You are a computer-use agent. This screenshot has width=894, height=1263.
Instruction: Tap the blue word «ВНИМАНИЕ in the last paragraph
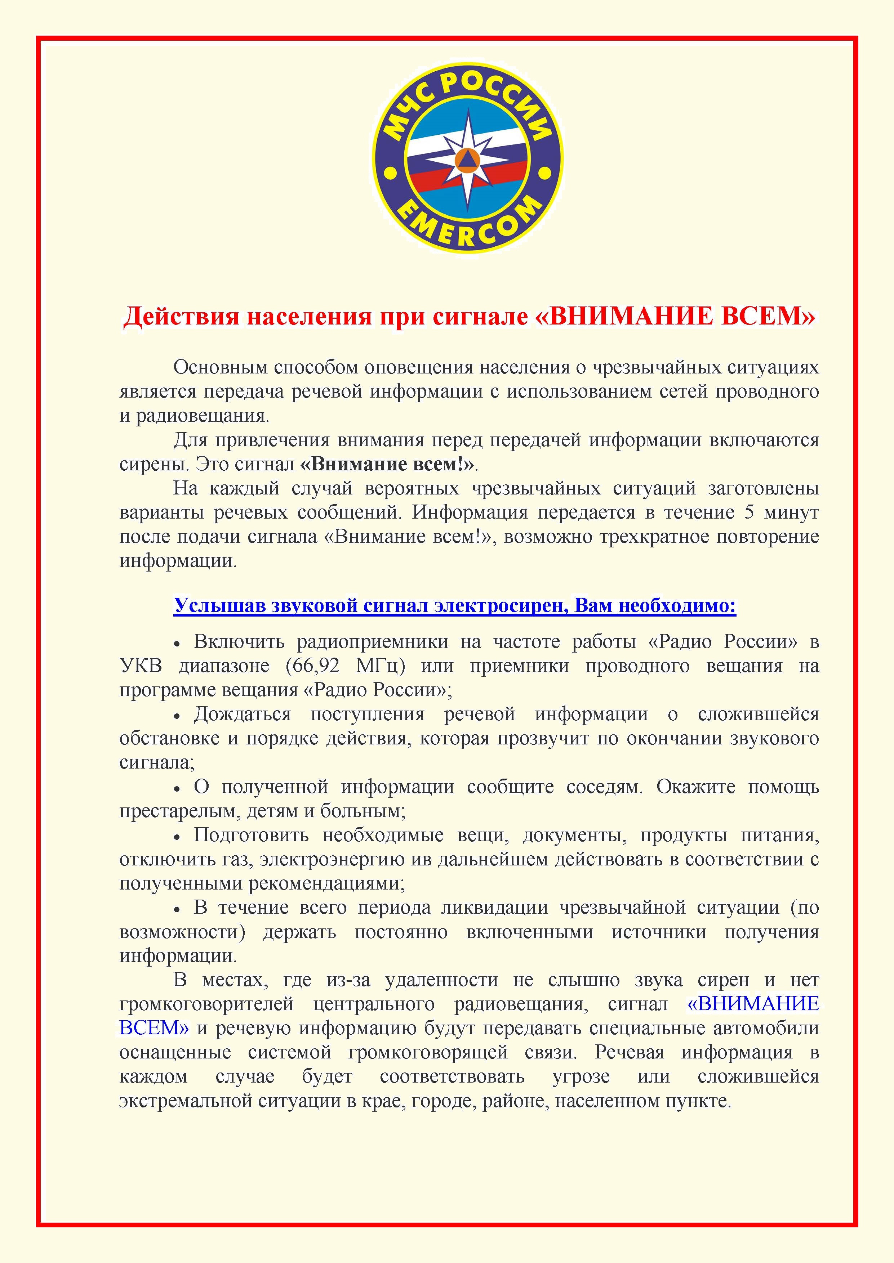coord(753,1004)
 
